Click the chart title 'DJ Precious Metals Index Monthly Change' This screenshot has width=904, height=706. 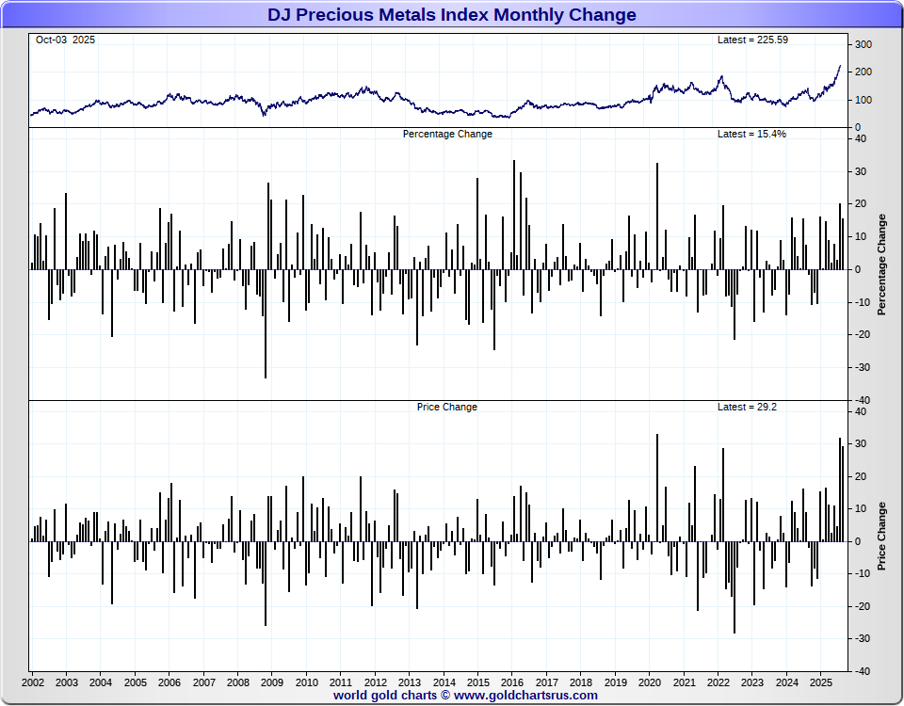click(x=452, y=15)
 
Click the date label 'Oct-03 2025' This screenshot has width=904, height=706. click(x=65, y=40)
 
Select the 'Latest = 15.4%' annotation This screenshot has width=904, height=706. click(x=751, y=134)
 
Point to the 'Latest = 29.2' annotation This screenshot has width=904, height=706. click(x=747, y=407)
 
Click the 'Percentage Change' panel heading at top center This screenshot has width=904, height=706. click(x=447, y=134)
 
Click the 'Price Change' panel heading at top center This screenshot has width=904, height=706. click(x=447, y=407)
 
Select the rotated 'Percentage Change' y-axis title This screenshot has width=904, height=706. click(x=882, y=265)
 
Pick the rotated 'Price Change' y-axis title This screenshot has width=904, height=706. click(x=882, y=537)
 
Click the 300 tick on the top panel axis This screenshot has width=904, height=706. click(x=864, y=45)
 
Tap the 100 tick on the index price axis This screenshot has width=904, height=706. click(x=864, y=100)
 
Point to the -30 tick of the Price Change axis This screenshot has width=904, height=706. click(x=861, y=638)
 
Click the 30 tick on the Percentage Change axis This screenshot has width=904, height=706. click(x=861, y=171)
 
